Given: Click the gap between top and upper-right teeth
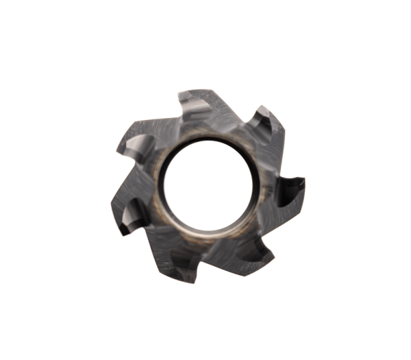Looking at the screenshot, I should click(236, 113).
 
